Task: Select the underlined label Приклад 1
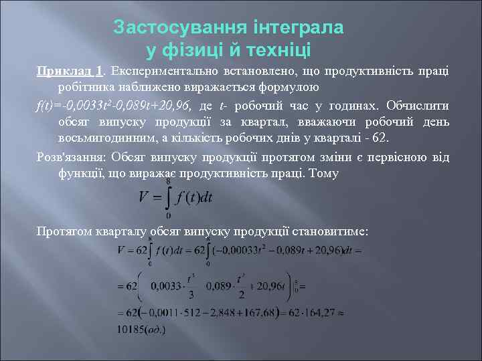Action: pos(70,72)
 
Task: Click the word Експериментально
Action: pos(159,72)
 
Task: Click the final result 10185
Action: pos(132,328)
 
